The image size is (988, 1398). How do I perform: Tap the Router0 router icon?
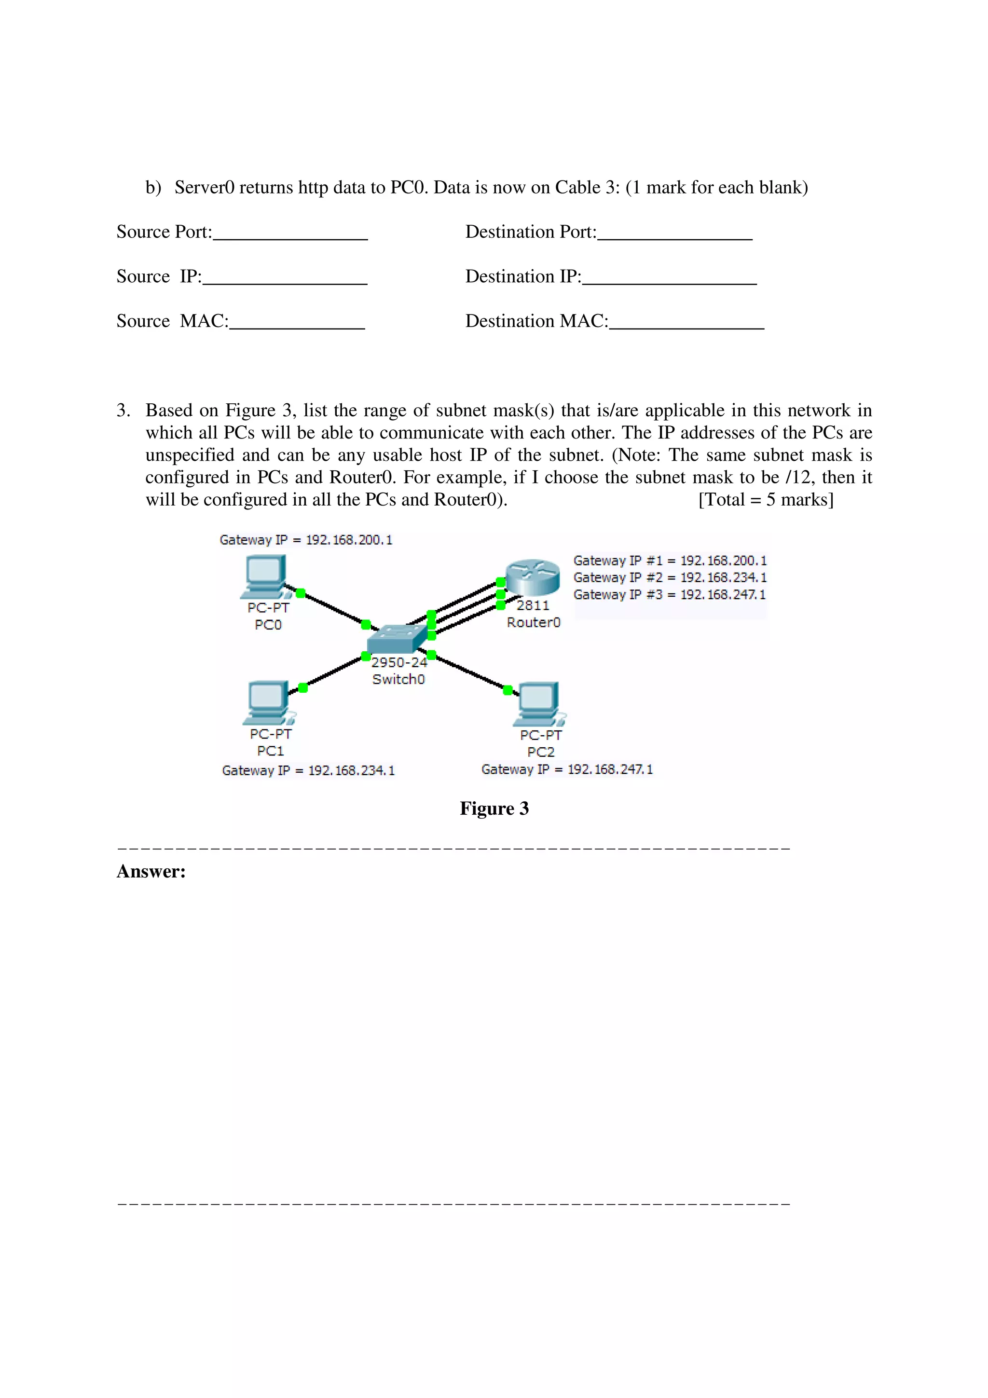coord(533,578)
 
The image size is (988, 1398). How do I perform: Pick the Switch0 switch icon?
coord(397,639)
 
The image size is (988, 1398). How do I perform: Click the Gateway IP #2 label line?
coord(670,577)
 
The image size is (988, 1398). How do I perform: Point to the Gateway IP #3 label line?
coord(670,594)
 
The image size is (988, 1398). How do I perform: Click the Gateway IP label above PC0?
coord(305,540)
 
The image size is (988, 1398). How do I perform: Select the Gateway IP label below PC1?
coord(308,771)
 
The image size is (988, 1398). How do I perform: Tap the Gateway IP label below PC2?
coord(567,769)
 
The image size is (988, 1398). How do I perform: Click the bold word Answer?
coord(151,871)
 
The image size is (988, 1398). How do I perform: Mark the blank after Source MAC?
coord(297,323)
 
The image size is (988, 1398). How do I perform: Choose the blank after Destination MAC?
coord(686,323)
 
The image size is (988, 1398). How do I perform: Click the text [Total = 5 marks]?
coord(765,500)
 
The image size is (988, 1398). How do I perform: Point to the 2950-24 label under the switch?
coord(399,662)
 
